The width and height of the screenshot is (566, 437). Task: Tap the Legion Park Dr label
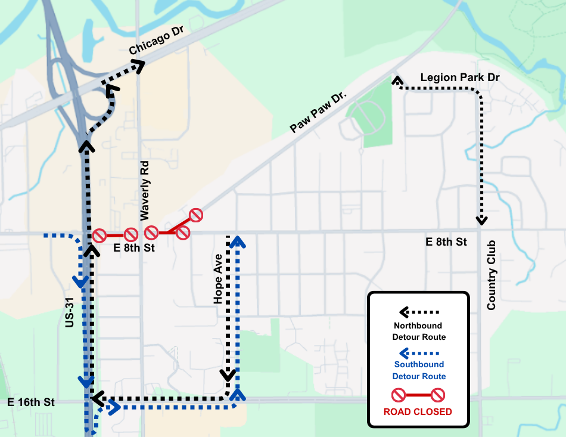point(459,78)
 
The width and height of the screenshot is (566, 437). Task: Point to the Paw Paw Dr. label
point(318,112)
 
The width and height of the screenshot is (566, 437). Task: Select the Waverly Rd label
point(145,189)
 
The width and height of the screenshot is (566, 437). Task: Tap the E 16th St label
point(31,402)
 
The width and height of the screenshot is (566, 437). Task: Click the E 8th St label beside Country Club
point(446,242)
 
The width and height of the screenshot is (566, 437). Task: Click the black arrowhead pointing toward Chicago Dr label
point(138,65)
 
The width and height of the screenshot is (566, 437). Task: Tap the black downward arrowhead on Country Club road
point(481,220)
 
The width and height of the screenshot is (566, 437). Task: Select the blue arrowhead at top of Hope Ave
point(238,240)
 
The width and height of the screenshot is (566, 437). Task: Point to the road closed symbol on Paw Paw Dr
point(196,215)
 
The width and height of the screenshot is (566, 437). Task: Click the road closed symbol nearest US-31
point(99,235)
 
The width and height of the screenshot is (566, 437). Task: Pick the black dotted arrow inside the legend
point(419,312)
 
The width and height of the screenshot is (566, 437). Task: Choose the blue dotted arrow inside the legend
point(419,352)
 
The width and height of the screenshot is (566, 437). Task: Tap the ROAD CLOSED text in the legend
point(418,411)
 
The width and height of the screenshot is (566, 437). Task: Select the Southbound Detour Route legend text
point(419,370)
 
